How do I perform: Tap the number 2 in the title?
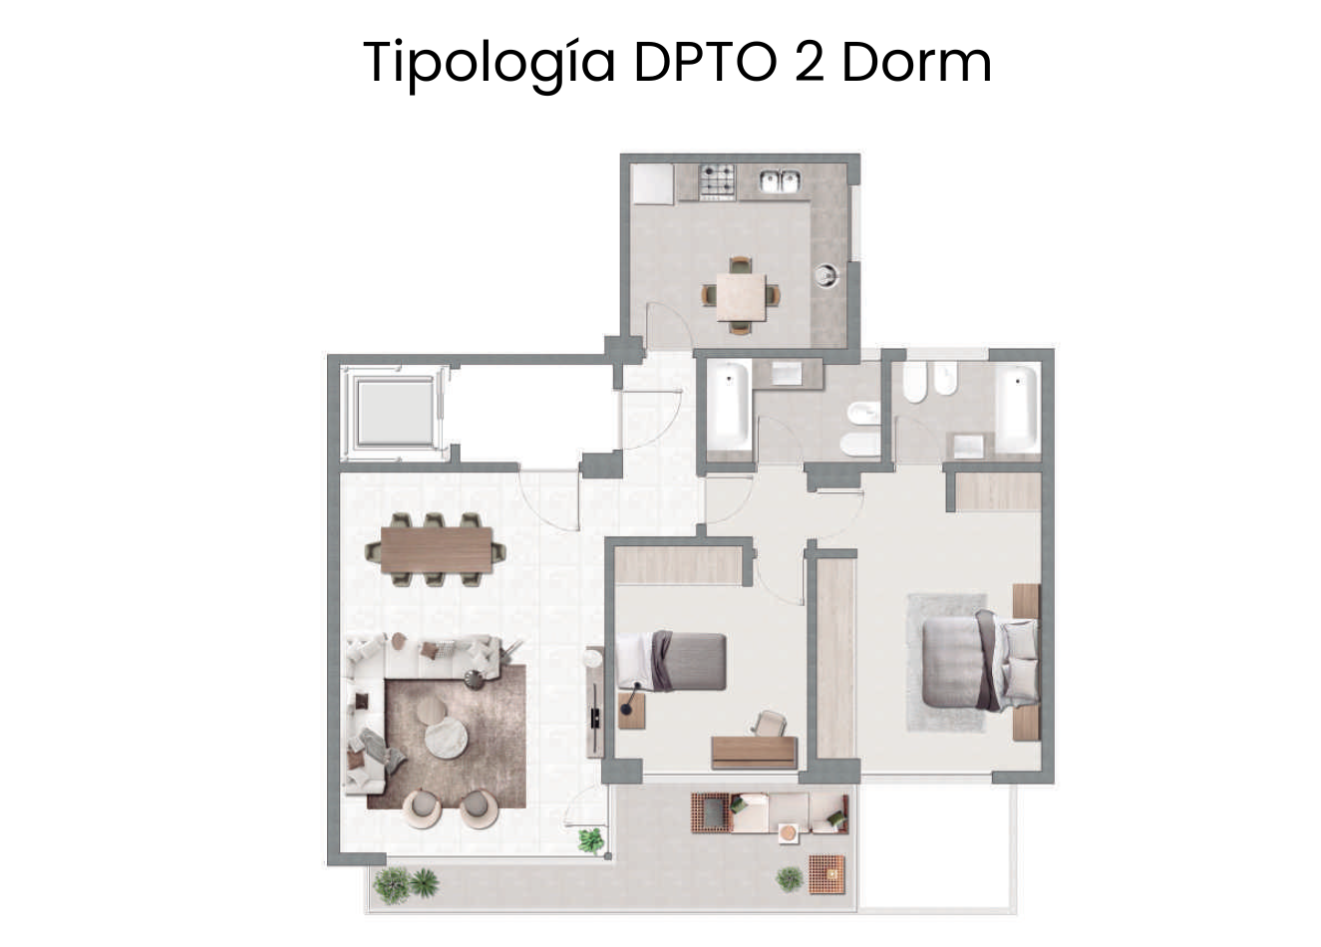coord(810,62)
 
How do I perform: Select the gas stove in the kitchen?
coord(717,181)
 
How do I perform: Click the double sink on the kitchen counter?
coord(780,180)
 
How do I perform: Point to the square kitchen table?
coord(742,297)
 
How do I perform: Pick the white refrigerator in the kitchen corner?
coord(652,183)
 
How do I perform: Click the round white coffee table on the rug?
coord(447,737)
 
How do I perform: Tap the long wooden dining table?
coord(437,550)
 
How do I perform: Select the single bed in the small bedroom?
coord(671,662)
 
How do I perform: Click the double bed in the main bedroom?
coord(980,661)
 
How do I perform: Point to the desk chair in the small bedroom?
coord(771,724)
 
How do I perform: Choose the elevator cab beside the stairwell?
coord(394,412)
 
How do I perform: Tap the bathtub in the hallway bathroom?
coord(729,405)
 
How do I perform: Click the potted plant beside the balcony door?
coord(591,839)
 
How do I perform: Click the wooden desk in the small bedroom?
coord(755,753)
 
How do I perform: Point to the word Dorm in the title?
coord(917,62)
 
